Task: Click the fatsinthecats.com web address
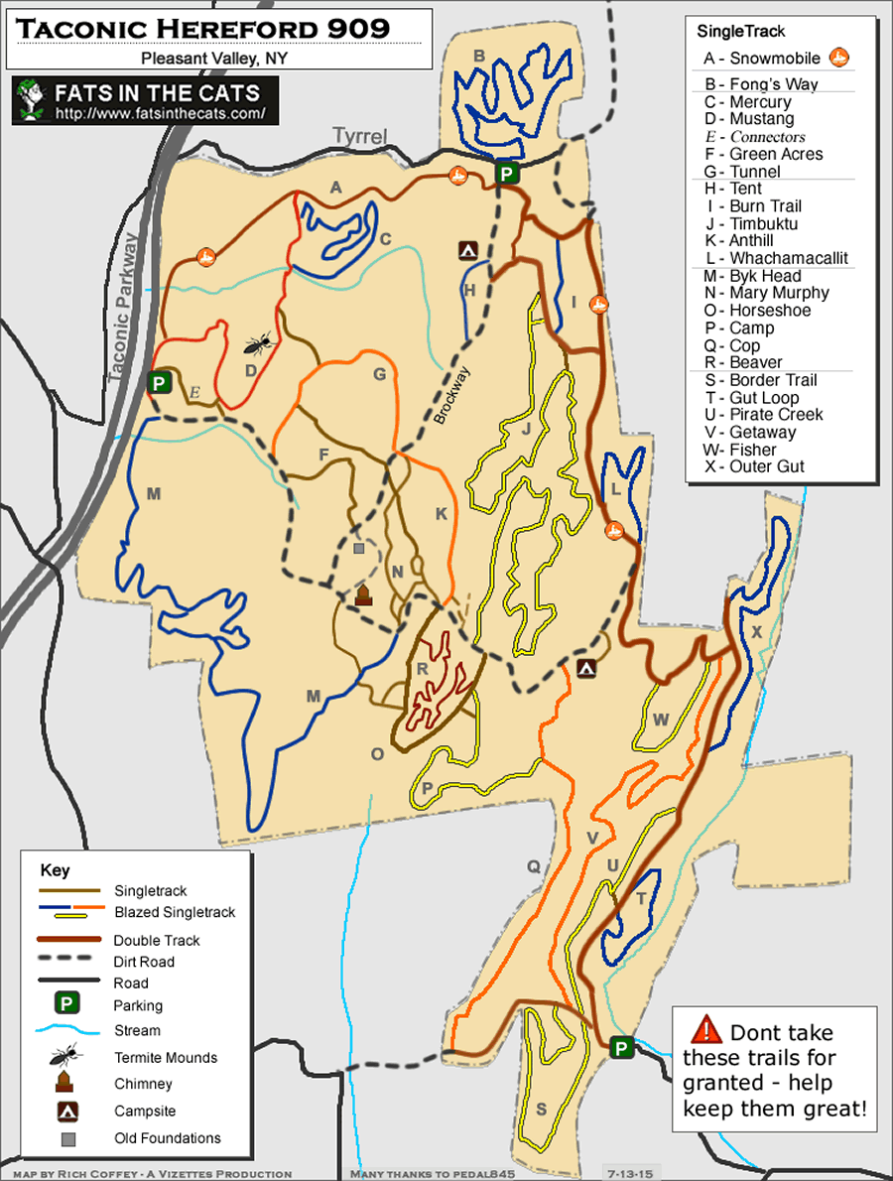coord(161,113)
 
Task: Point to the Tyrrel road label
coord(358,136)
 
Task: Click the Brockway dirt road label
coord(452,396)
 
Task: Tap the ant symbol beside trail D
coord(259,344)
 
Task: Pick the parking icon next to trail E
coord(158,382)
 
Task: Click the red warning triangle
coord(707,1029)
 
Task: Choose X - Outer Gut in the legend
coord(753,466)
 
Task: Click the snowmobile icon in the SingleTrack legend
coord(839,59)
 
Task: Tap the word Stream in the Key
coord(137,1030)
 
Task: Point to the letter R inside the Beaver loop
coord(422,669)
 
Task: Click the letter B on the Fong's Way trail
coord(478,57)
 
